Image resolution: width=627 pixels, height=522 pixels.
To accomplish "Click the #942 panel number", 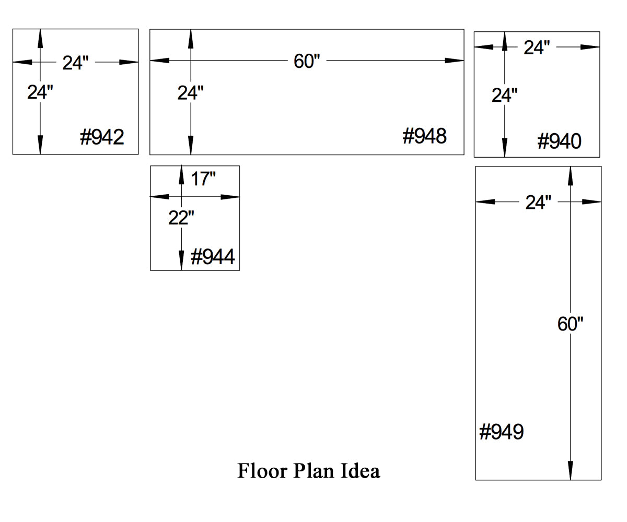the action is pyautogui.click(x=102, y=137).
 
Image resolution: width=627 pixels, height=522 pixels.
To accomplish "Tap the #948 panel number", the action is pyautogui.click(x=424, y=136).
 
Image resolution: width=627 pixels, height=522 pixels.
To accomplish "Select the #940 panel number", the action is pyautogui.click(x=559, y=141).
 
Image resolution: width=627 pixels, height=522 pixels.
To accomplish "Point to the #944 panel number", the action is pyautogui.click(x=213, y=257).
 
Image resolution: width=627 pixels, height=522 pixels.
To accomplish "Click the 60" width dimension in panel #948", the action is pyautogui.click(x=307, y=61).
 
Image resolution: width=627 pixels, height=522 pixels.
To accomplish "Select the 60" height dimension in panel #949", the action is pyautogui.click(x=570, y=324).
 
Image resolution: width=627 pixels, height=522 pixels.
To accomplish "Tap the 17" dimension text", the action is pyautogui.click(x=203, y=179).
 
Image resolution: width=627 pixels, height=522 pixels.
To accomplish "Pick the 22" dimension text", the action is pyautogui.click(x=181, y=218).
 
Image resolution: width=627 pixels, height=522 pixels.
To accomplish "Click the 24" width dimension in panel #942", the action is pyautogui.click(x=75, y=63).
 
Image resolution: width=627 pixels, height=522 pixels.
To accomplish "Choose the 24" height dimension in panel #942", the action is pyautogui.click(x=40, y=92).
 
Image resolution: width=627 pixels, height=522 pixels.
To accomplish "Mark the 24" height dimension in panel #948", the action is pyautogui.click(x=190, y=93).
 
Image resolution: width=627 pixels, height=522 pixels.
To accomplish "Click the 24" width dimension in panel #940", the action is pyautogui.click(x=537, y=48).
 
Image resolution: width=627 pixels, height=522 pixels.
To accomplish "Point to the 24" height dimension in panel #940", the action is pyautogui.click(x=505, y=96).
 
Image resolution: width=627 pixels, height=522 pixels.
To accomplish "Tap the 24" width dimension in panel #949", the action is pyautogui.click(x=538, y=203).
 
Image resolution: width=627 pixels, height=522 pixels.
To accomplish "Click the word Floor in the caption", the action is pyautogui.click(x=262, y=471).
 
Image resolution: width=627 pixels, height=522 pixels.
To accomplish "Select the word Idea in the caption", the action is pyautogui.click(x=360, y=471).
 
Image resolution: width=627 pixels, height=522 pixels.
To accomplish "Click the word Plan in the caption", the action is pyautogui.click(x=314, y=471).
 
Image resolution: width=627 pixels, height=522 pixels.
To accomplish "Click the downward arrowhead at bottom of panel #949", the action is pyautogui.click(x=570, y=470).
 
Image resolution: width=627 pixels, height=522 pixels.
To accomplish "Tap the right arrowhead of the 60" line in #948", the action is pyautogui.click(x=455, y=61).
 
